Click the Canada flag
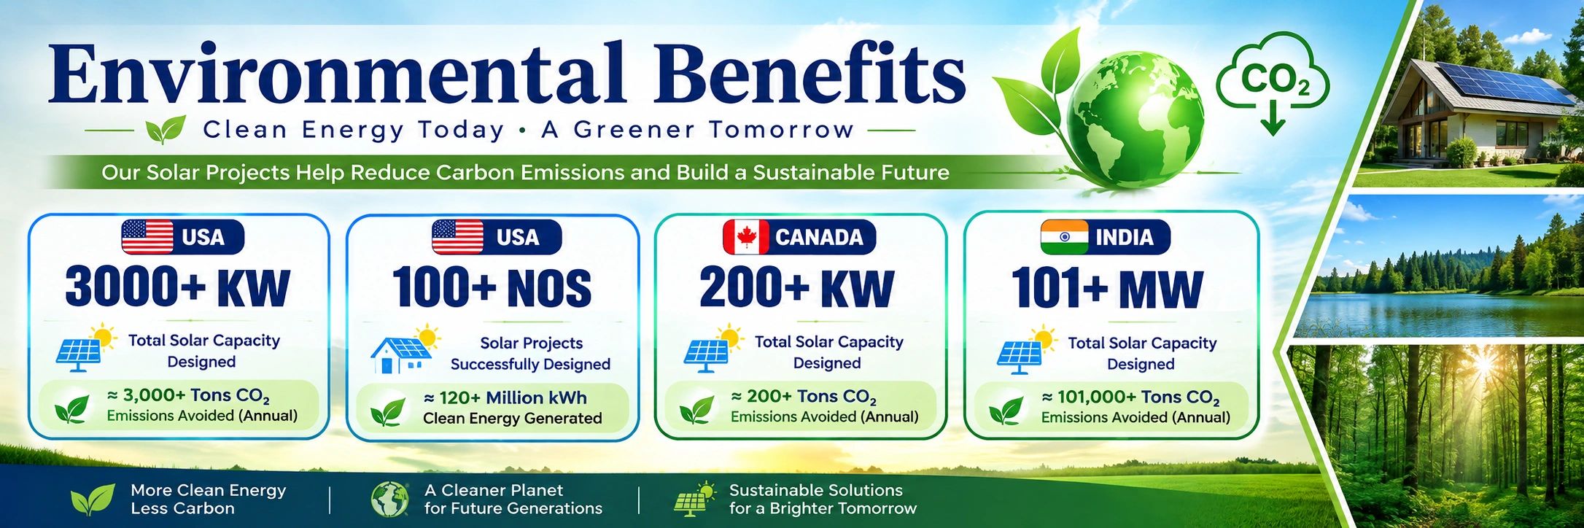click(x=746, y=237)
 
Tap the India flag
click(x=1064, y=237)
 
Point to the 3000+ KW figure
click(x=177, y=287)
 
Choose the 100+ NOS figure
click(x=492, y=287)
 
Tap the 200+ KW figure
click(x=796, y=287)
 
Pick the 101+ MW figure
click(x=1107, y=288)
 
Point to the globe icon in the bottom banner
click(x=389, y=500)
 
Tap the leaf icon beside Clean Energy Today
click(x=166, y=130)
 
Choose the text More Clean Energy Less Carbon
click(x=209, y=500)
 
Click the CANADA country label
click(x=819, y=237)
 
